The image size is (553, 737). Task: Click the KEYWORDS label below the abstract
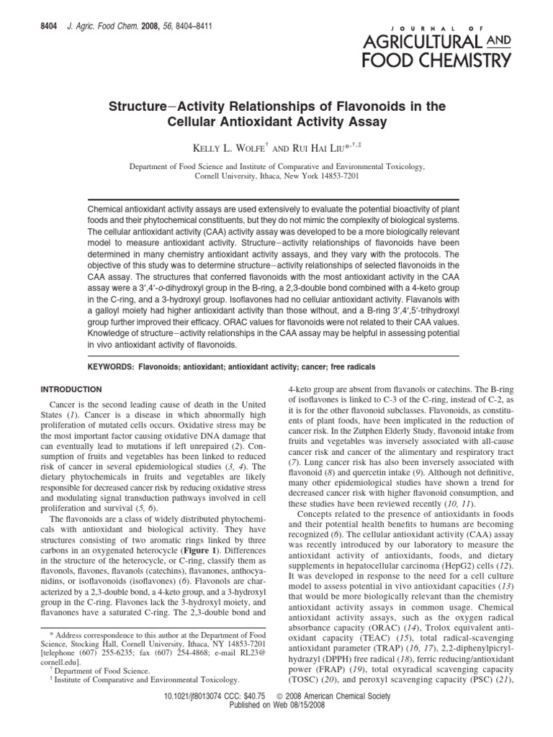[x=112, y=366]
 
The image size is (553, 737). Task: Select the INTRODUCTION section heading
[x=70, y=389]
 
